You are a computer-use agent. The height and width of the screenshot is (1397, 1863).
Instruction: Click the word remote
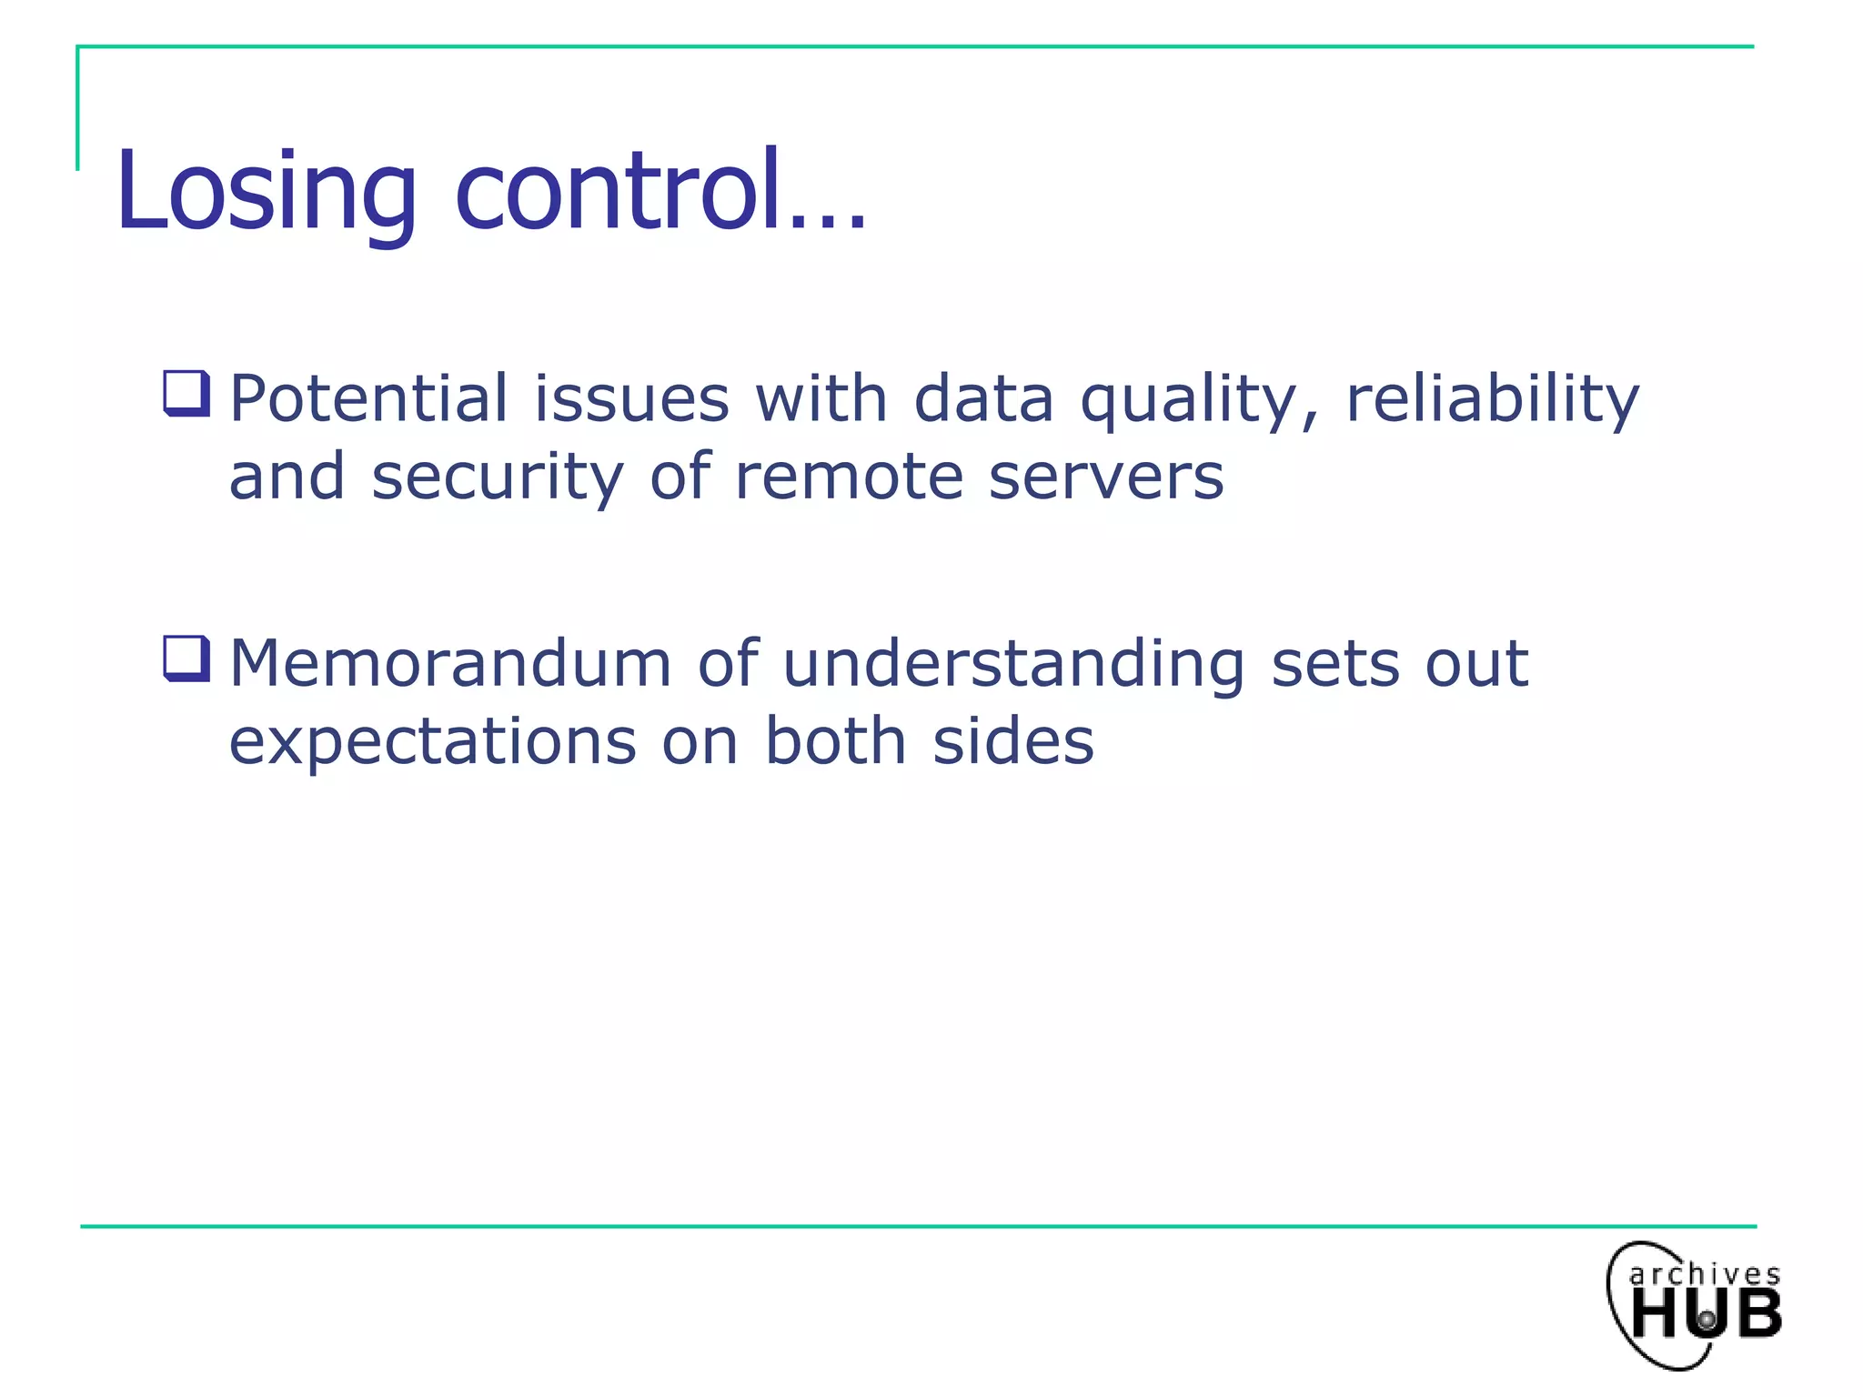(x=848, y=477)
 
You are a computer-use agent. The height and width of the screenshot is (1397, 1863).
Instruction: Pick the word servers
(x=1105, y=477)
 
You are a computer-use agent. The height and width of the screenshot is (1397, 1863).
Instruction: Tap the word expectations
(x=432, y=742)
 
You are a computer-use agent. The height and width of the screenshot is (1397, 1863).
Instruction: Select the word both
(x=835, y=740)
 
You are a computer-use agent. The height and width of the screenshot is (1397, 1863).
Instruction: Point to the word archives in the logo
(x=1704, y=1274)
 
